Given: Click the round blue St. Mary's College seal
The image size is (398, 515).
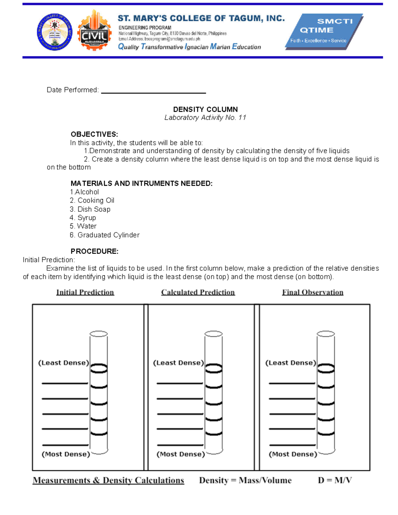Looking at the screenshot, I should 55,32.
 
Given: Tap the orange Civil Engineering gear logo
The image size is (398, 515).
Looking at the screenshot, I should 95,31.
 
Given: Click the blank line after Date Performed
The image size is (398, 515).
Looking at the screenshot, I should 153,91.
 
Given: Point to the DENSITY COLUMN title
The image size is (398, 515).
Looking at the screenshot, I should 205,109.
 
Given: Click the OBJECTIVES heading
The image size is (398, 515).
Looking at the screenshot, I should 94,134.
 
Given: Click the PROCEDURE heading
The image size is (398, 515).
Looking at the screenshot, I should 94,251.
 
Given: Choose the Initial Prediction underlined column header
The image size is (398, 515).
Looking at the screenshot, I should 85,292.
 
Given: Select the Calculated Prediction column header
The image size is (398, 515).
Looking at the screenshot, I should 198,292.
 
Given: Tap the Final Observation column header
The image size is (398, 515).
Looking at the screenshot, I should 312,292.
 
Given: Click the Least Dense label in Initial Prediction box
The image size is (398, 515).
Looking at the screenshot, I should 64,363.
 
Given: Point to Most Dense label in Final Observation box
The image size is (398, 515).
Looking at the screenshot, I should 293,454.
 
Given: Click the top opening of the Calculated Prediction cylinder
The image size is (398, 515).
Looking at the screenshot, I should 213,334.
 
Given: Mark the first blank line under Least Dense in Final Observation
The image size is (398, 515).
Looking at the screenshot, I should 292,383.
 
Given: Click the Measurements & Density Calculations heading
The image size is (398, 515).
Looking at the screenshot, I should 108,481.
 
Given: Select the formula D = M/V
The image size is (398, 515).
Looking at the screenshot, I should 335,481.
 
